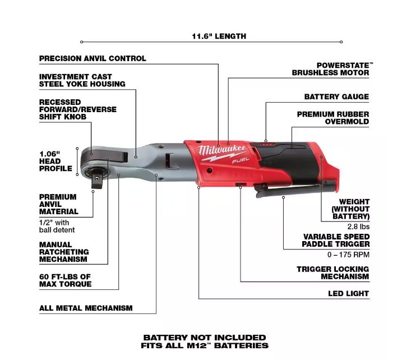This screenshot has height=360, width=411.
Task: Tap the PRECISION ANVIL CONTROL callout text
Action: (93, 58)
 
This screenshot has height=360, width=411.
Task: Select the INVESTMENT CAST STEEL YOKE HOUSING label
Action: (82, 80)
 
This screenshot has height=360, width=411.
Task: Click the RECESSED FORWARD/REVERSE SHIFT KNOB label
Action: (77, 110)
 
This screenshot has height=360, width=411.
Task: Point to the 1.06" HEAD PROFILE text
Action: (56, 161)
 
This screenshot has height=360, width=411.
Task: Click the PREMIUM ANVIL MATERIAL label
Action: (58, 205)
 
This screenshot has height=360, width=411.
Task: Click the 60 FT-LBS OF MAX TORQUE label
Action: (65, 280)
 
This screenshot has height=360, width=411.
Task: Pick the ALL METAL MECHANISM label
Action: (86, 308)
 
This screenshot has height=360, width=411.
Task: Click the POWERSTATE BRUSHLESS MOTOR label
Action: (331, 69)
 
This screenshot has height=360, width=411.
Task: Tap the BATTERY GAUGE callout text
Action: (336, 96)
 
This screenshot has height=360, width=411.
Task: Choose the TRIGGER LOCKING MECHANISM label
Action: (333, 273)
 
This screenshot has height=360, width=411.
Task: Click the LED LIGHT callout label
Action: (348, 293)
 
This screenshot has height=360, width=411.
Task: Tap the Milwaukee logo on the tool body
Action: (224, 150)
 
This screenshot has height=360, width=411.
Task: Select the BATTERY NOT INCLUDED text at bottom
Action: (205, 338)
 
